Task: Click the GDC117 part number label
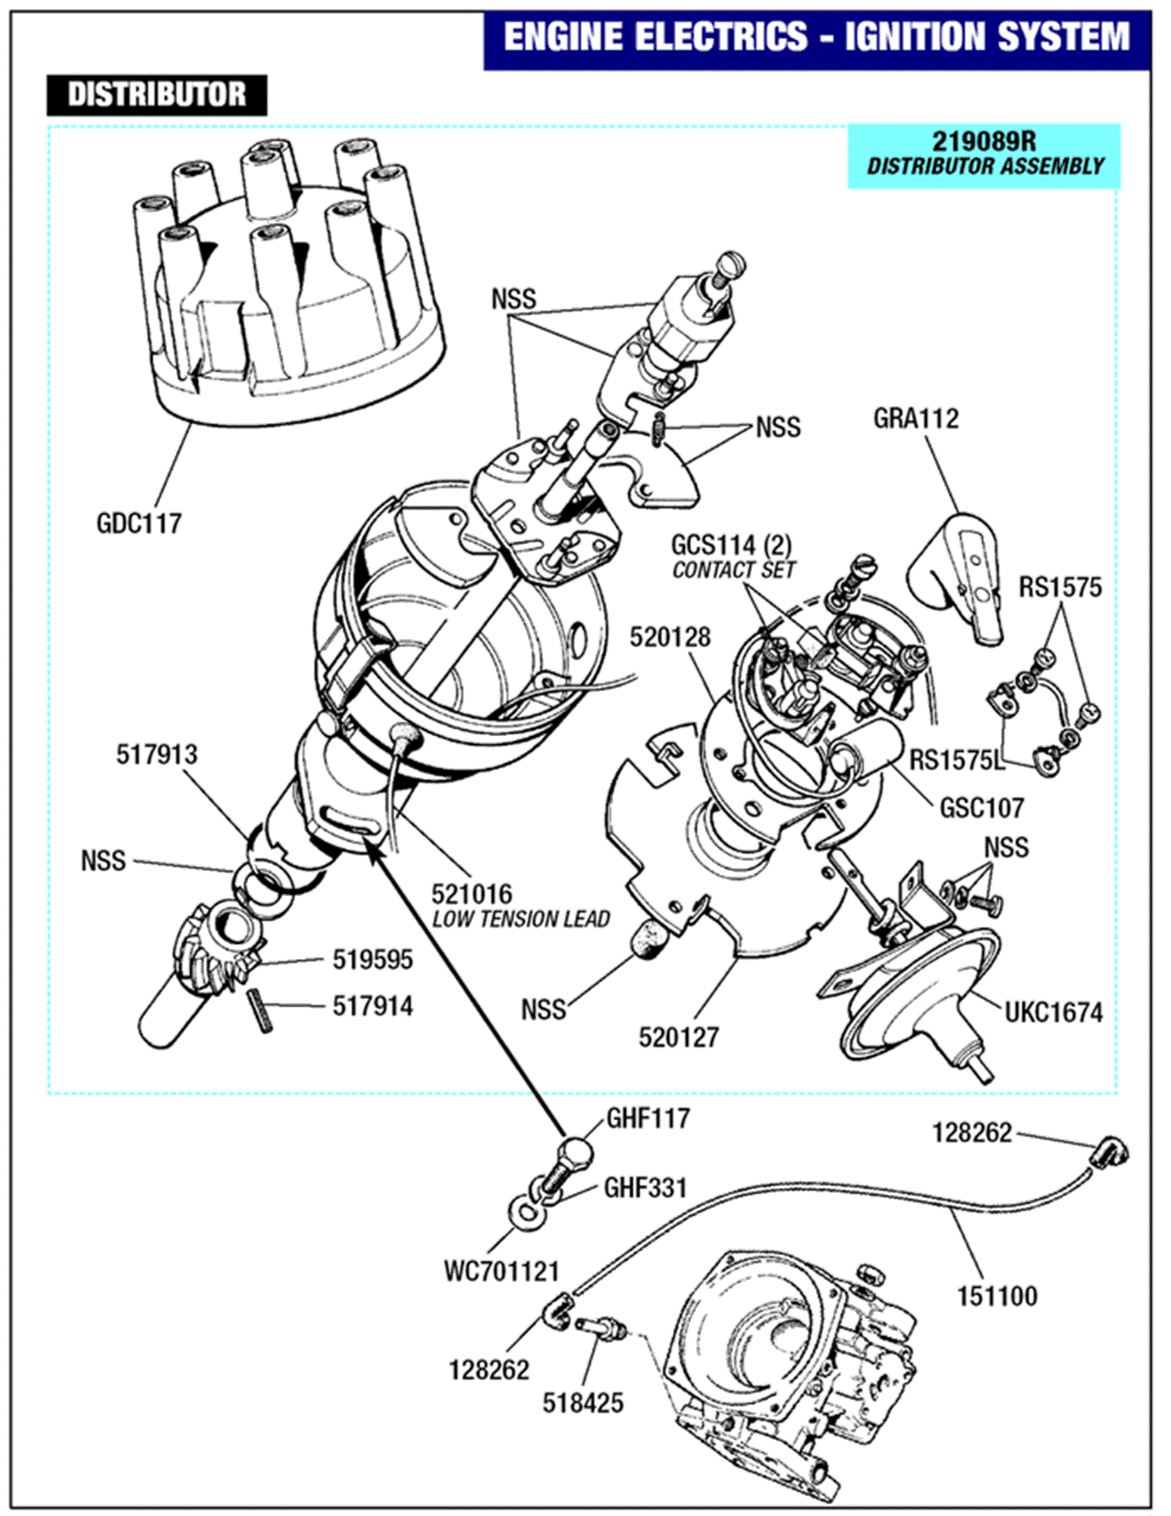139,523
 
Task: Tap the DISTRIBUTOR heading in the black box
157,95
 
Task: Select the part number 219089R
984,141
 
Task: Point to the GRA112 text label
915,418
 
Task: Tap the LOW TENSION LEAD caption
521,919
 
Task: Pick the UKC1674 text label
1053,1013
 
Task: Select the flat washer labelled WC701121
526,1211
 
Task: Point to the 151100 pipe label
997,1296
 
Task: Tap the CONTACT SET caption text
733,570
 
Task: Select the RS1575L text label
956,760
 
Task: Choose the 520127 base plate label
678,1037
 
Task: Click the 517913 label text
156,754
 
